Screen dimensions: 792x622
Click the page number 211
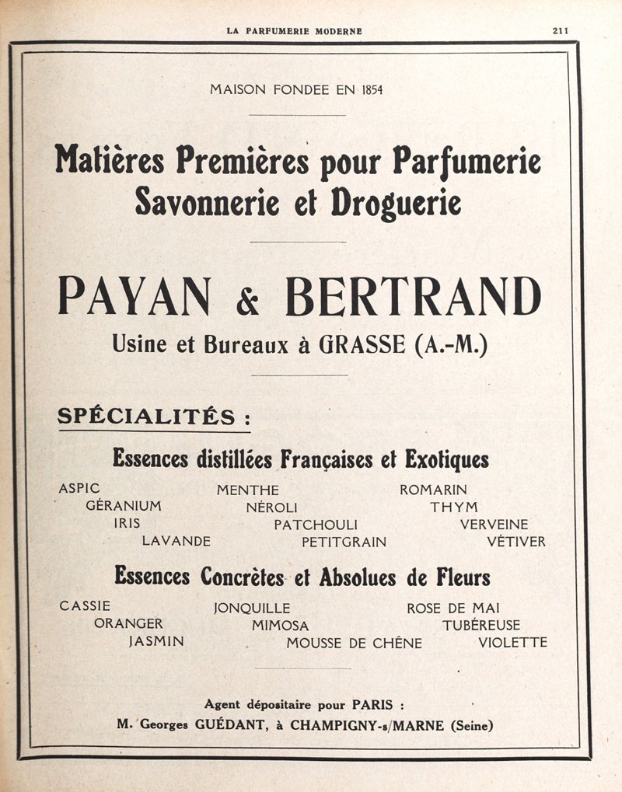coord(560,31)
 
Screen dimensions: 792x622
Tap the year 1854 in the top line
coord(372,90)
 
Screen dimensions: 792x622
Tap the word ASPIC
coord(79,489)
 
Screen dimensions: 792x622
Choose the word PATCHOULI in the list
coord(315,525)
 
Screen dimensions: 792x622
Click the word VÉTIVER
coord(515,542)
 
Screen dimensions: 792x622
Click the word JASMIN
coord(156,642)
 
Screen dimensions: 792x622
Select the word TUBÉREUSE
coord(481,625)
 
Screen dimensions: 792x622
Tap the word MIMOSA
coord(280,625)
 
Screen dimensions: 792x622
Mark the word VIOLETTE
coord(512,643)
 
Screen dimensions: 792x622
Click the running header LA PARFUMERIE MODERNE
coord(294,31)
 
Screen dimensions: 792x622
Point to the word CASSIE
coord(85,606)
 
